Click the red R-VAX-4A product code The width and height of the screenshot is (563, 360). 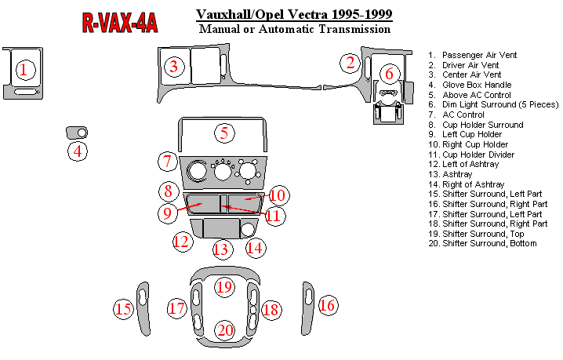coord(120,23)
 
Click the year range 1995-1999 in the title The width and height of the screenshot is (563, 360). coord(361,14)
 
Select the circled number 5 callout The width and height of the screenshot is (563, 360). coord(224,133)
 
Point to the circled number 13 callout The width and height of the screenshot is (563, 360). coord(221,249)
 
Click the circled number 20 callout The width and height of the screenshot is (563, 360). coord(225,330)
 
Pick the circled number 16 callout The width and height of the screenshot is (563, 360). coord(327,305)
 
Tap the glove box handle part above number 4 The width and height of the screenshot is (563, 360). coord(77,133)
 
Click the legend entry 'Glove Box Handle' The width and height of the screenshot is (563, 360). coord(477,85)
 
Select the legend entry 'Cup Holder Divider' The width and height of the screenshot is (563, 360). coord(478,155)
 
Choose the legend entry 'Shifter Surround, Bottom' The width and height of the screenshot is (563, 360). coord(489,243)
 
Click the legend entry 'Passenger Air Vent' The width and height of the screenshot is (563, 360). coord(479,55)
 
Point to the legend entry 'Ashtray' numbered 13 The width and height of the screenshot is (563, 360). coord(457,174)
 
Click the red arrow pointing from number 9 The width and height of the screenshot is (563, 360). coord(190,207)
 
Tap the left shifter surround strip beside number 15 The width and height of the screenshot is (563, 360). coord(144,309)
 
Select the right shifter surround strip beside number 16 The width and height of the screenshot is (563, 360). coord(307,309)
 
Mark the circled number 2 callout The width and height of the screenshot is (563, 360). coord(350,63)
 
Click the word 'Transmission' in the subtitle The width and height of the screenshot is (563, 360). coord(354,29)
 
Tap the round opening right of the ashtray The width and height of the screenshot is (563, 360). coord(248,229)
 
